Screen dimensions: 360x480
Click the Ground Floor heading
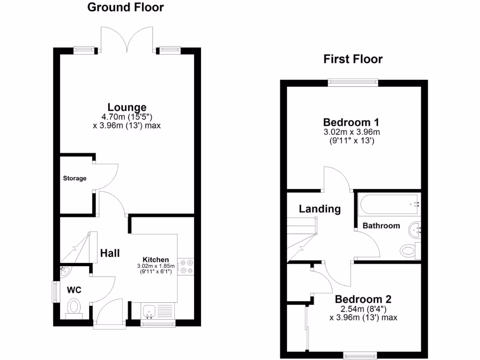pyautogui.click(x=126, y=7)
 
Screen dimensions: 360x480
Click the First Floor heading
pyautogui.click(x=353, y=59)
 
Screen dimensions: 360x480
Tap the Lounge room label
pyautogui.click(x=127, y=107)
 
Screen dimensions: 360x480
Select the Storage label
pyautogui.click(x=75, y=178)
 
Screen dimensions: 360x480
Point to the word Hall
pyautogui.click(x=110, y=253)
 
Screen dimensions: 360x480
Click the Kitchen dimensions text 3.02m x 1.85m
pyautogui.click(x=156, y=266)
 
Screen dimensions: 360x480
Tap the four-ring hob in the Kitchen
pyautogui.click(x=186, y=266)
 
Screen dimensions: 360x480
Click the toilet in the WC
pyautogui.click(x=74, y=308)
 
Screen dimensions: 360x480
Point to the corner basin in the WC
pyautogui.click(x=65, y=270)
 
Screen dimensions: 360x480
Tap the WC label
pyautogui.click(x=74, y=290)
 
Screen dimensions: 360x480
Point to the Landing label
pyautogui.click(x=320, y=209)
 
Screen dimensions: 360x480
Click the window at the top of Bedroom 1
pyautogui.click(x=353, y=82)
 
